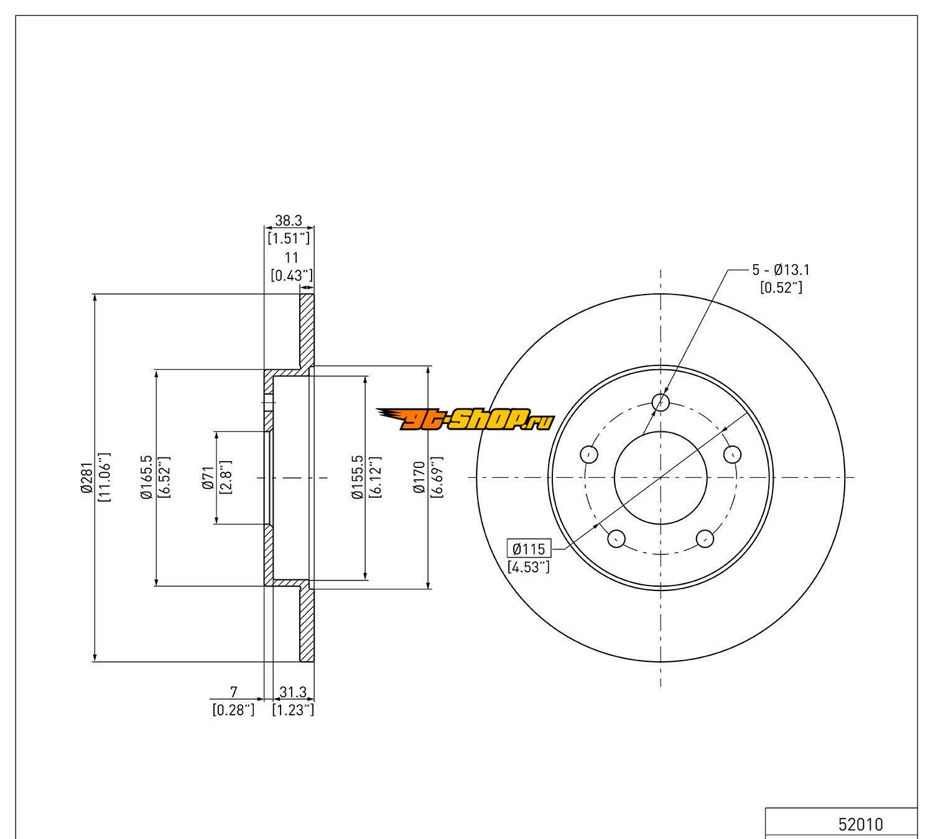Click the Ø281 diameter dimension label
pos(86,477)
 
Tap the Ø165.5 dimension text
pos(147,477)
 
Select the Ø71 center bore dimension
pos(208,478)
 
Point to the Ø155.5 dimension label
pos(357,477)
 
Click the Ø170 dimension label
pos(419,477)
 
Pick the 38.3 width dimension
pos(289,220)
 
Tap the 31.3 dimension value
pos(293,692)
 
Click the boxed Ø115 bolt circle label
pos(529,549)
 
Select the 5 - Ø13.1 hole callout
pos(781,270)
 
